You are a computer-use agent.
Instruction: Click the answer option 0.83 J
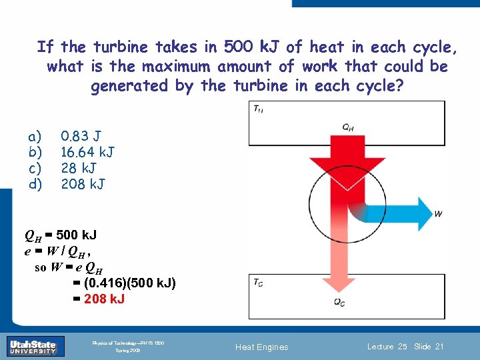click(x=81, y=137)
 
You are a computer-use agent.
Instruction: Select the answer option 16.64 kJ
click(x=87, y=152)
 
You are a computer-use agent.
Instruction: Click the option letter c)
click(x=35, y=167)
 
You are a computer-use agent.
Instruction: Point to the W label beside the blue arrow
click(x=438, y=214)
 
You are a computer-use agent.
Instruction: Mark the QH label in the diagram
click(x=348, y=126)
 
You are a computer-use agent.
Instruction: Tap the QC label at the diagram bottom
click(x=339, y=302)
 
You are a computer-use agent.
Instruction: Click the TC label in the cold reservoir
click(x=257, y=282)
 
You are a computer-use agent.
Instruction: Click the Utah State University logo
click(x=33, y=347)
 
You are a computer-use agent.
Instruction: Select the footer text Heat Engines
click(x=263, y=347)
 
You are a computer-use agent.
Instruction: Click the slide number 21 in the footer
click(x=439, y=346)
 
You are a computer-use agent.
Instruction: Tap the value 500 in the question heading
click(x=237, y=47)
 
